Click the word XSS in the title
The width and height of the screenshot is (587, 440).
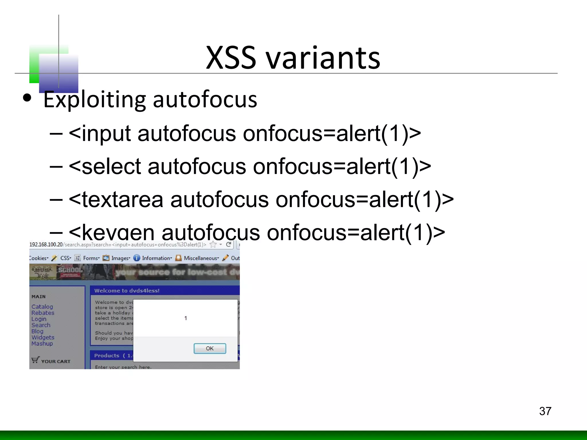click(x=231, y=58)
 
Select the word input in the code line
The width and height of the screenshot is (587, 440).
click(x=106, y=134)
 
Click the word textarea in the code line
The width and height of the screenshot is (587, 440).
click(x=123, y=200)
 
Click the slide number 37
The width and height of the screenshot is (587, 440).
click(x=545, y=411)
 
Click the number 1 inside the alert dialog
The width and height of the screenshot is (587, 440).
click(x=186, y=318)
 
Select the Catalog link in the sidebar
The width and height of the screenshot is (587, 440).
click(x=42, y=307)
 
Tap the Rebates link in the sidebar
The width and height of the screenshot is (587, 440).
click(x=43, y=313)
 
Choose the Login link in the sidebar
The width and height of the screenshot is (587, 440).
click(x=39, y=319)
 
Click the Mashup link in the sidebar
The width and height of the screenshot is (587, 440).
click(x=42, y=343)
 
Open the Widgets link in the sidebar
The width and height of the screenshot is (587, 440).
click(x=43, y=337)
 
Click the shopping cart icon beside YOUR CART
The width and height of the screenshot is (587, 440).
click(x=35, y=360)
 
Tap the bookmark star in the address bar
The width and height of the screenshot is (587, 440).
click(x=213, y=244)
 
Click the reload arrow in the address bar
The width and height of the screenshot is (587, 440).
click(x=229, y=244)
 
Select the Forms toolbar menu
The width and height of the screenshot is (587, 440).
click(x=91, y=258)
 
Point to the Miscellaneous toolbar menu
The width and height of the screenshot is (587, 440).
click(x=201, y=258)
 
